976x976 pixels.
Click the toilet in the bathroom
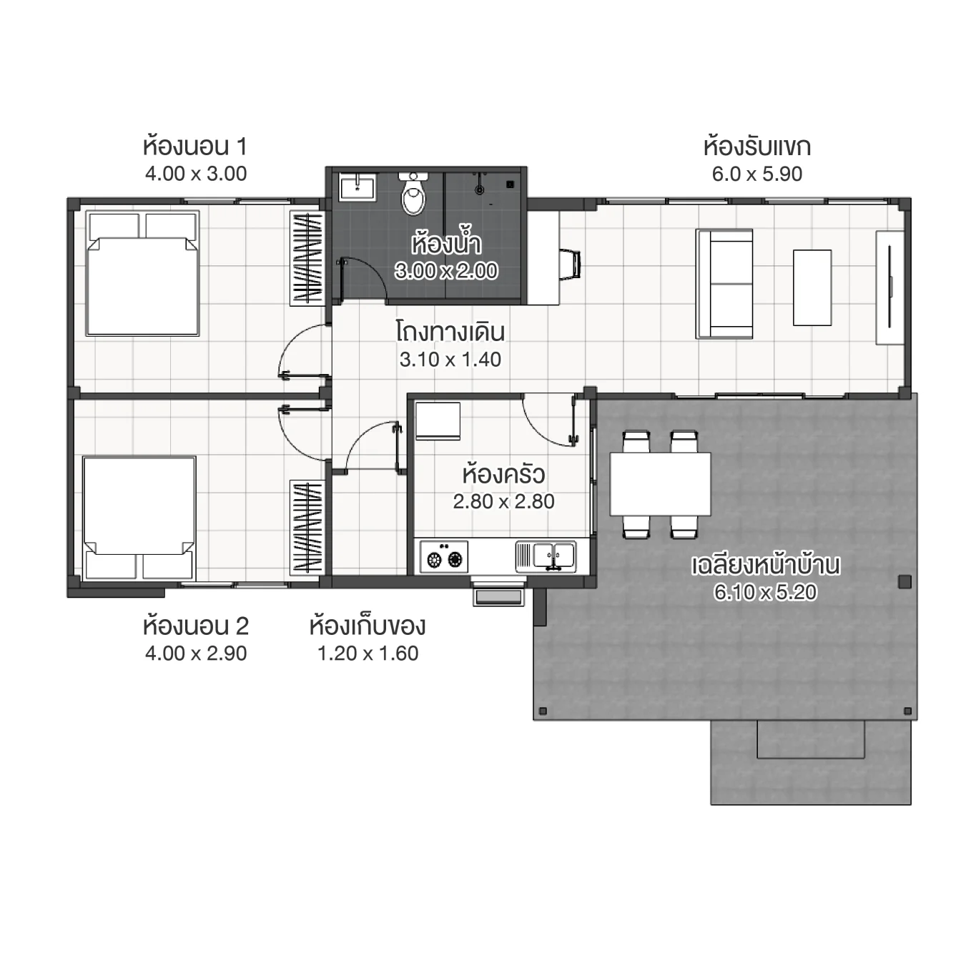[413, 194]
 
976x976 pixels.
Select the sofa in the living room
[724, 284]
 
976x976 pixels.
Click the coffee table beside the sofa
[812, 287]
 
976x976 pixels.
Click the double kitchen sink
[546, 556]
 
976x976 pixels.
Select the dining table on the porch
[660, 484]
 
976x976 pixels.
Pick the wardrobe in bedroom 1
[307, 257]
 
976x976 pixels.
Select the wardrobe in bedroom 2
[307, 526]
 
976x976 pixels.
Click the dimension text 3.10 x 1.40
[450, 360]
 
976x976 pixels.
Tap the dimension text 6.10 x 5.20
[765, 592]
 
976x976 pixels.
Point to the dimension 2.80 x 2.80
[503, 502]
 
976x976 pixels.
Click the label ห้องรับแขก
[756, 147]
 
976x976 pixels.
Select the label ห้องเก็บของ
[368, 626]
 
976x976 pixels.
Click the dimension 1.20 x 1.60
[368, 654]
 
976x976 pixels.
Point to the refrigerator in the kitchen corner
[438, 420]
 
